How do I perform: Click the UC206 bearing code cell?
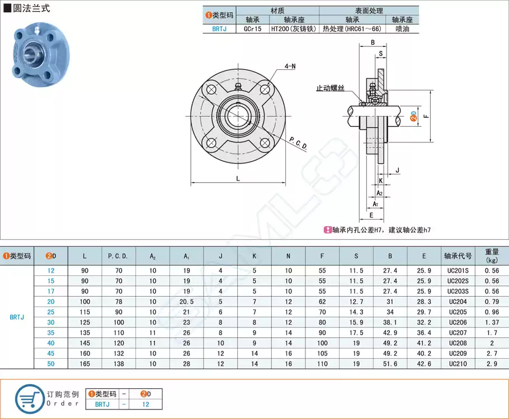(458, 322)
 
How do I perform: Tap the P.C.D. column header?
(118, 256)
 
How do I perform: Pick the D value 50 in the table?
(51, 363)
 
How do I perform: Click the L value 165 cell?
(84, 363)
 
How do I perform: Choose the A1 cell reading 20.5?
(186, 302)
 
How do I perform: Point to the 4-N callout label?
(290, 66)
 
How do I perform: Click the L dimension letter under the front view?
(238, 179)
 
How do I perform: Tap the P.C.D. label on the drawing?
(299, 145)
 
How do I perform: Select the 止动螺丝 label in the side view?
(331, 88)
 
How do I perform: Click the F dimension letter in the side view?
(426, 116)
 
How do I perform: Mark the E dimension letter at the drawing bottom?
(371, 215)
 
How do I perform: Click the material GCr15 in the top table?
(252, 28)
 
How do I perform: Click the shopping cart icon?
(29, 398)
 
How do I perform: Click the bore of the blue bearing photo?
(31, 54)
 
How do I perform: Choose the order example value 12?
(145, 404)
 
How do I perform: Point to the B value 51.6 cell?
(390, 363)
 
